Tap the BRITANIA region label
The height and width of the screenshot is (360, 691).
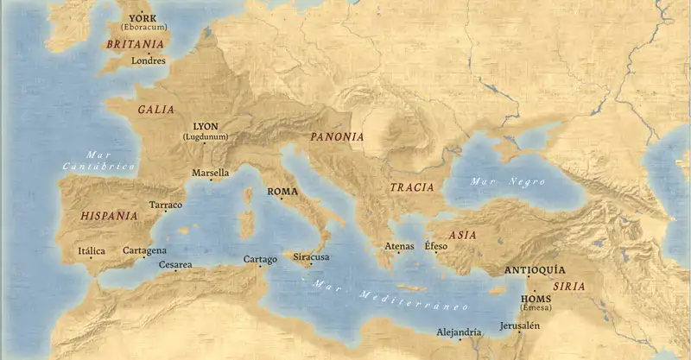[136, 44]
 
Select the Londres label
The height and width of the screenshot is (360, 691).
[148, 61]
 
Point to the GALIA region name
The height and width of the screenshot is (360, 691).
[155, 110]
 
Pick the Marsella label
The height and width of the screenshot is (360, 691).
[210, 173]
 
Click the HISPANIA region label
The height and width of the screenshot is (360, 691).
[109, 216]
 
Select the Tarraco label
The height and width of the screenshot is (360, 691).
[166, 205]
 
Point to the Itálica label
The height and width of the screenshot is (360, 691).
[92, 250]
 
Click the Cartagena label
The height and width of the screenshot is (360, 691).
[144, 250]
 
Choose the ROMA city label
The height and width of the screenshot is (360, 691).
[282, 192]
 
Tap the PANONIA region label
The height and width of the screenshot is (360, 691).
[337, 136]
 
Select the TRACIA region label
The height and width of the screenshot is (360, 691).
[411, 187]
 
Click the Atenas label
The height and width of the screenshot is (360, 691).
[400, 246]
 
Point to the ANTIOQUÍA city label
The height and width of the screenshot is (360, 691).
[534, 269]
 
